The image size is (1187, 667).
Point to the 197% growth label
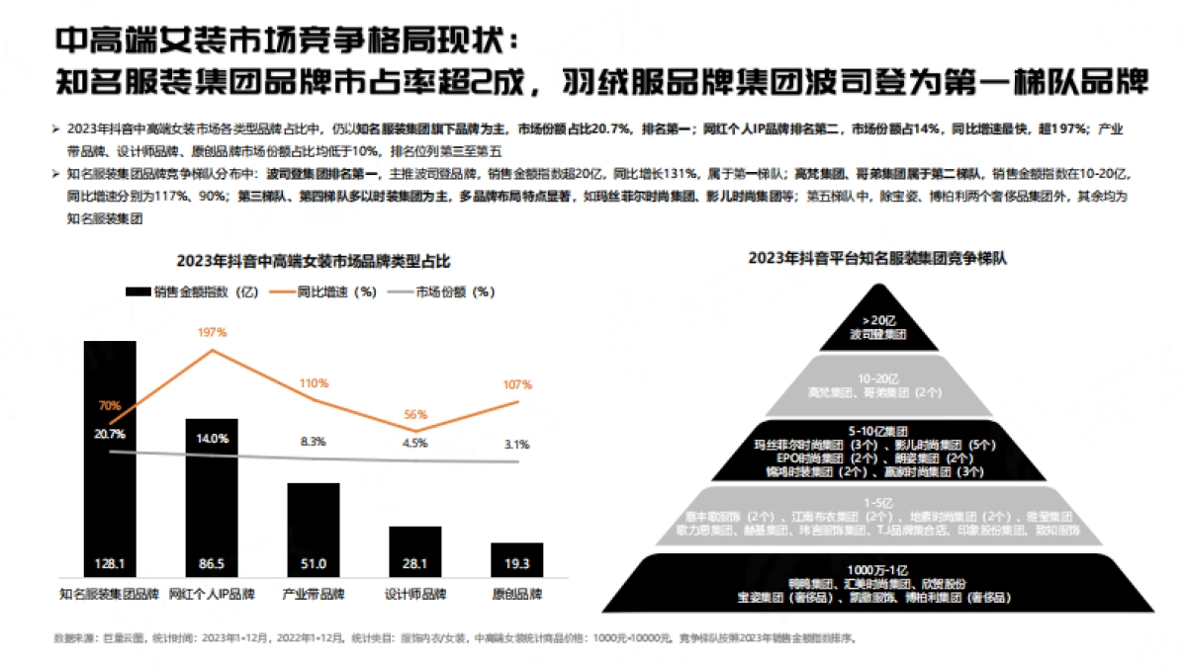click(213, 333)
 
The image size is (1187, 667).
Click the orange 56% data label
click(415, 415)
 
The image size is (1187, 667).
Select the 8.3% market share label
click(314, 442)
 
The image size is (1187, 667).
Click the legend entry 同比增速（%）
click(323, 292)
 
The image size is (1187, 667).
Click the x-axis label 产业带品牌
click(314, 594)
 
